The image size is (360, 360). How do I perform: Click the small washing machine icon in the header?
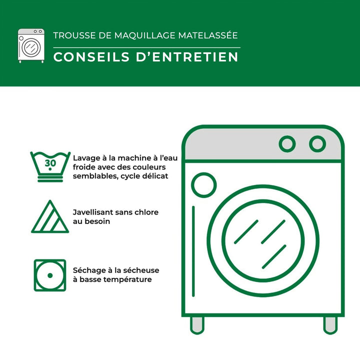[x=31, y=45]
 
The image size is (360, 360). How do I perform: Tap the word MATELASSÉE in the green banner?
[x=208, y=35]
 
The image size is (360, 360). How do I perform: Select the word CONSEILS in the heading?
[x=91, y=57]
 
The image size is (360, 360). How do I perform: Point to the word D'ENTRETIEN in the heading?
[x=187, y=57]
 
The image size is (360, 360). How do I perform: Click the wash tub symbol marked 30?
[x=50, y=167]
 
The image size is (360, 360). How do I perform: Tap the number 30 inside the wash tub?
[x=50, y=163]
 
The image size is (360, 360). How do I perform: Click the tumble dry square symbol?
[x=50, y=275]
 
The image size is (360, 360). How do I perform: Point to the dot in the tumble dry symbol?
[x=50, y=275]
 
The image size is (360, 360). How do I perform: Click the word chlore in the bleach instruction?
[x=146, y=212]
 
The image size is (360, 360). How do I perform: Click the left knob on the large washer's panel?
[x=287, y=144]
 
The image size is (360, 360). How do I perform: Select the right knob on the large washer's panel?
[x=317, y=144]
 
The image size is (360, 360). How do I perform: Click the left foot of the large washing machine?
[x=197, y=325]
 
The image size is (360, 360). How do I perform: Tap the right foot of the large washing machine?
[x=330, y=325]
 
